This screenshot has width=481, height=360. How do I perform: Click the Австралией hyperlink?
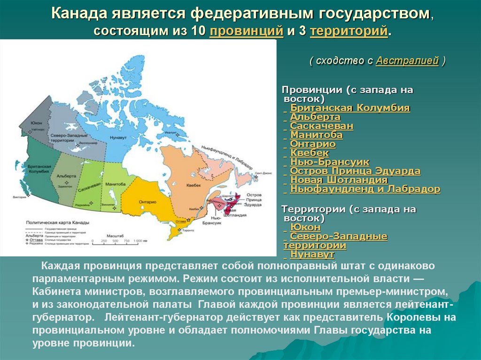407,61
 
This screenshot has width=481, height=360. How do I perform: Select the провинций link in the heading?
246,31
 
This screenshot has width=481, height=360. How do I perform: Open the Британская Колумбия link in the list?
350,108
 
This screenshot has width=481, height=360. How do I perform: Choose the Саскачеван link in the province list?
321,126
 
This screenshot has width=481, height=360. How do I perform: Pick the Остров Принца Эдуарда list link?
355,171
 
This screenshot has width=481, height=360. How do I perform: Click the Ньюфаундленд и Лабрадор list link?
365,189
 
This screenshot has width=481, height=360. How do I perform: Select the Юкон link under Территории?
305,228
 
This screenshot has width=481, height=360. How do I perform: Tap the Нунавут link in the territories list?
312,254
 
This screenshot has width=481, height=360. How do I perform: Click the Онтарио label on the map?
147,201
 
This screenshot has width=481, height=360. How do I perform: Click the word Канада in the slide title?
78,14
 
